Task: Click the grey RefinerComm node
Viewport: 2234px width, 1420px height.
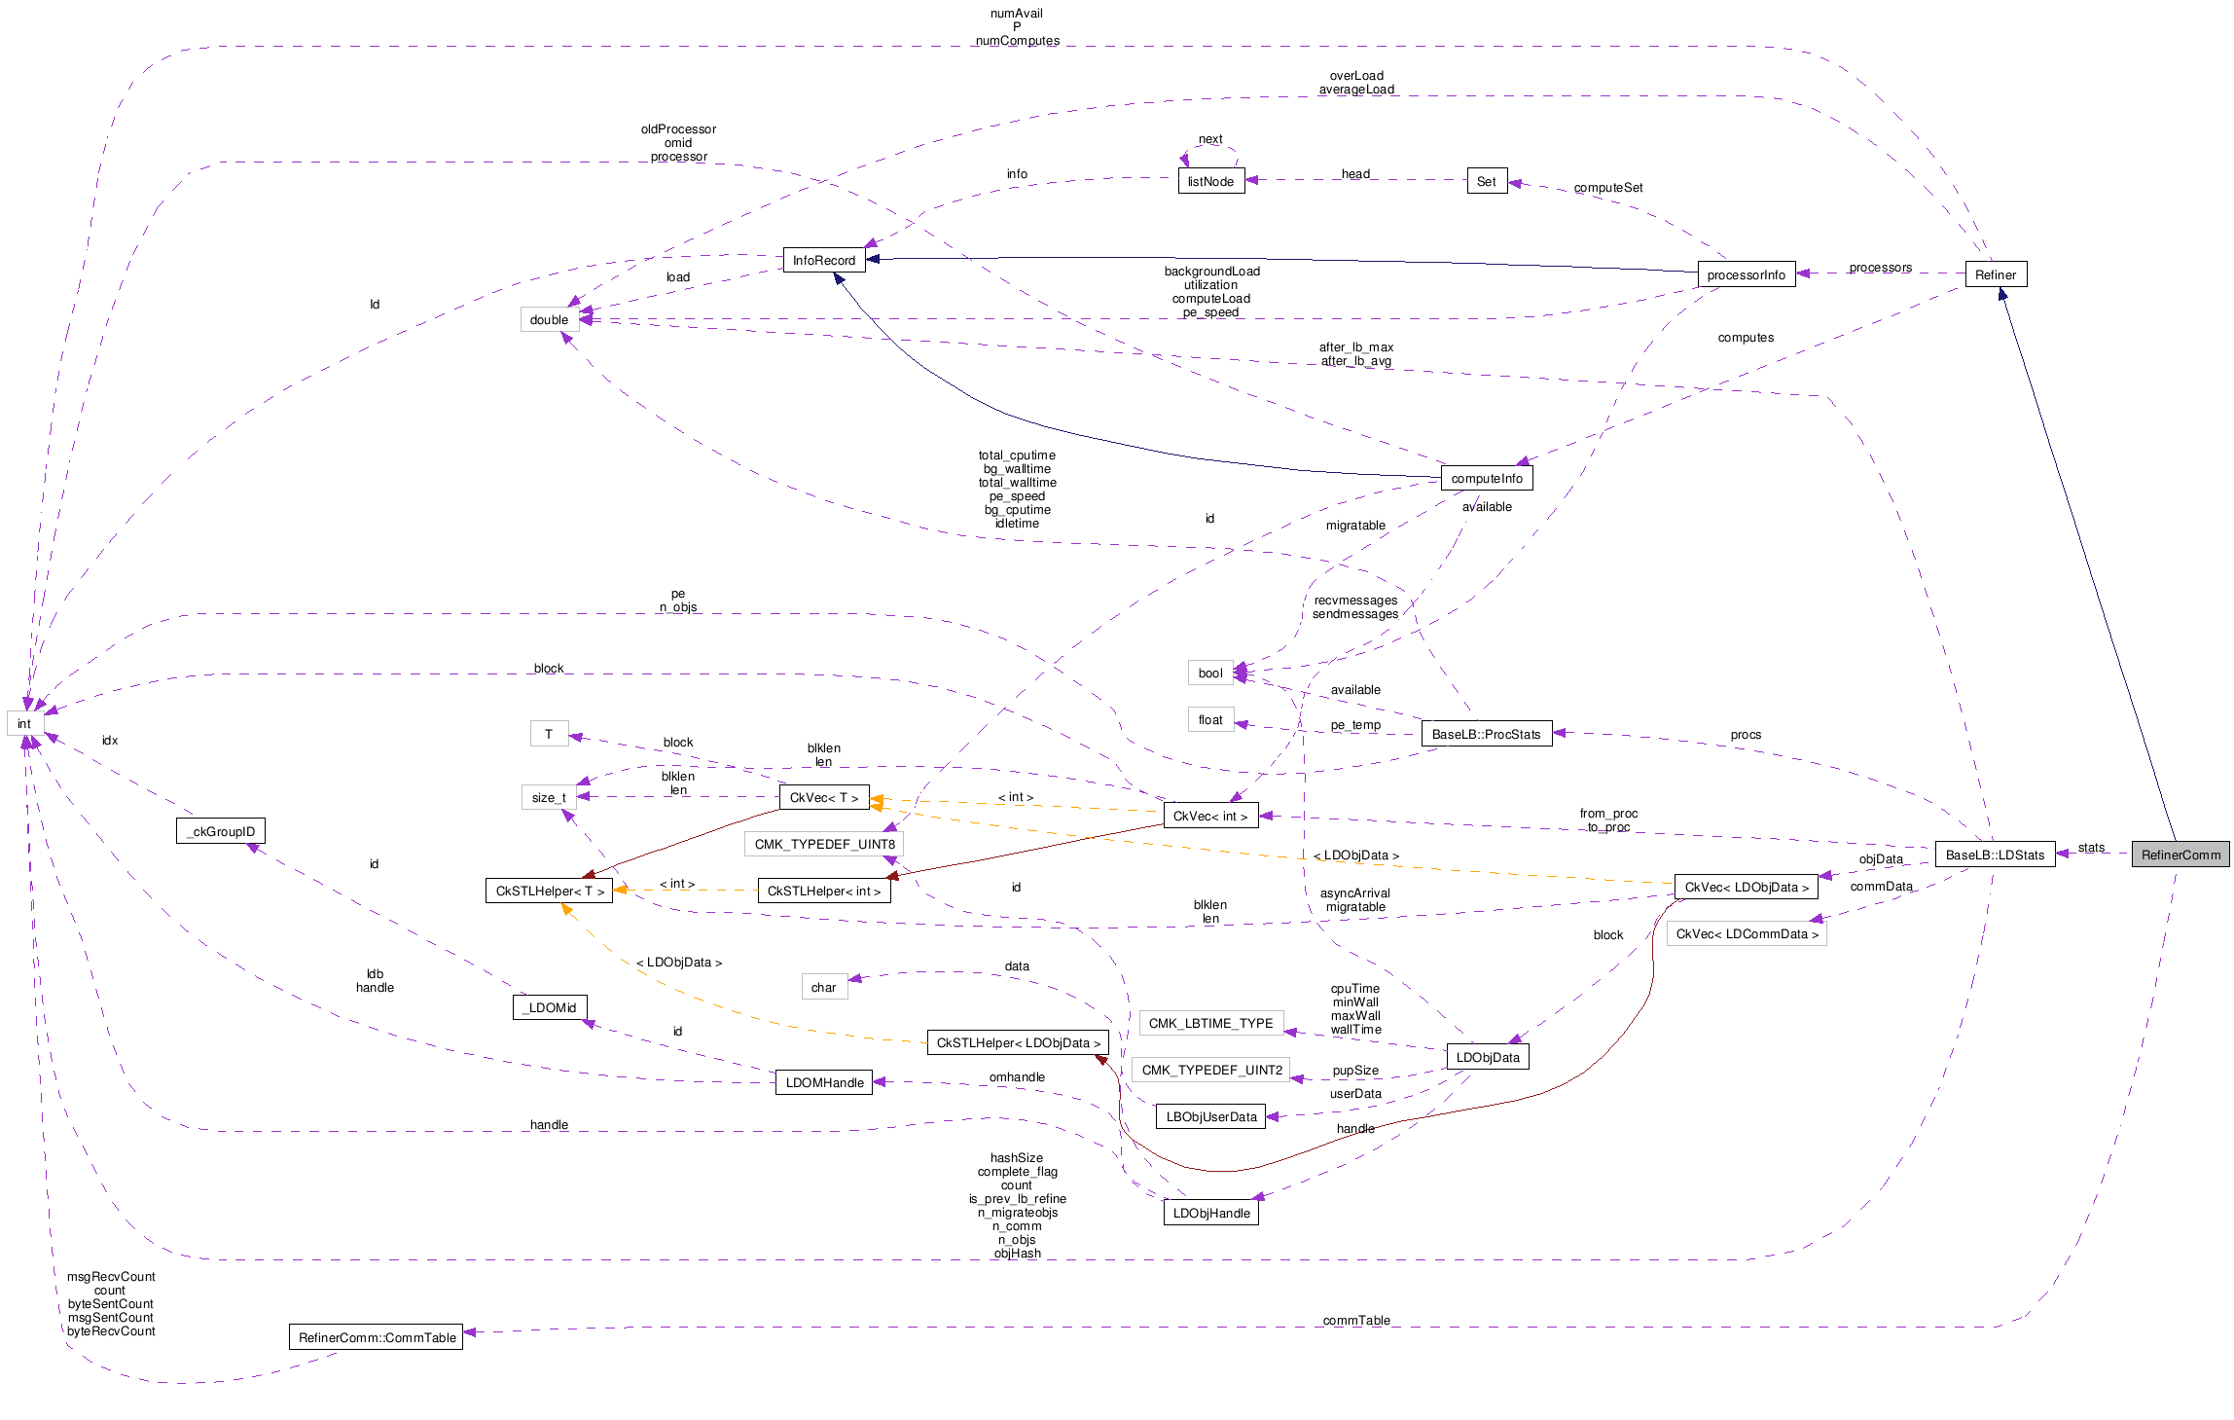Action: point(2180,855)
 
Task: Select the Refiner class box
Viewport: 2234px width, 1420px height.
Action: point(1995,274)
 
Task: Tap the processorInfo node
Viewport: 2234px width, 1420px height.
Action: point(1746,274)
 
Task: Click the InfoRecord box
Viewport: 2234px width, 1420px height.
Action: point(823,260)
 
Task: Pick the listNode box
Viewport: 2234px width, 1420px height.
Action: point(1210,181)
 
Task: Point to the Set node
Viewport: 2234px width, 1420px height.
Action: point(1487,181)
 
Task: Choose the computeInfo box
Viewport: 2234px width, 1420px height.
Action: point(1486,478)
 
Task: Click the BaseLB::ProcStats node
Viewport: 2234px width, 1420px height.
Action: point(1486,734)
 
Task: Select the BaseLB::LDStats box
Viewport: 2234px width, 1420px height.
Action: point(1995,855)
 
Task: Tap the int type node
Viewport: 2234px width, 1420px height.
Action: point(23,723)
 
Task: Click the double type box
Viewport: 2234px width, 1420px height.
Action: point(549,319)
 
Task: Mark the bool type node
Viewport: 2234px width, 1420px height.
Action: point(1210,673)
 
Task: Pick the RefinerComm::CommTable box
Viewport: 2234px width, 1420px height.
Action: point(377,1337)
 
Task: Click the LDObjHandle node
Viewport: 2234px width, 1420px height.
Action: point(1210,1213)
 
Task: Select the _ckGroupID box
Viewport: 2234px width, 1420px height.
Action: point(221,831)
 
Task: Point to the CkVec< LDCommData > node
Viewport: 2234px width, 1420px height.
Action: point(1747,933)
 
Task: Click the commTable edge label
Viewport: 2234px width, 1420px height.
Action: point(1356,1321)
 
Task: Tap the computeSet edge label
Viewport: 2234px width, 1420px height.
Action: point(1607,188)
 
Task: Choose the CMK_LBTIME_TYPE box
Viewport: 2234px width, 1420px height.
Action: point(1210,1023)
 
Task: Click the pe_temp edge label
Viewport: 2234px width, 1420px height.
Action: point(1355,725)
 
